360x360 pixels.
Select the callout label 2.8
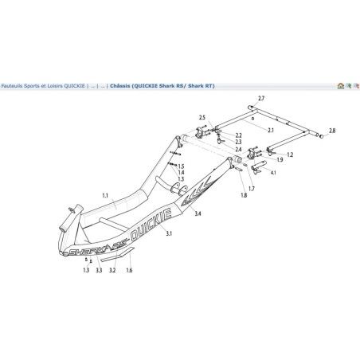[331, 130]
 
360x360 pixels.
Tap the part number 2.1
[271, 129]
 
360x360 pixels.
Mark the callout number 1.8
[243, 194]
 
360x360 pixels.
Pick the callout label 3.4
[197, 215]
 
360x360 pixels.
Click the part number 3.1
[168, 233]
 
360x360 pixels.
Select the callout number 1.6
[129, 271]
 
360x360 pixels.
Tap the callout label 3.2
[112, 271]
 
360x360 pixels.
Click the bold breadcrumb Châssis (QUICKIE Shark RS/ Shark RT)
[163, 84]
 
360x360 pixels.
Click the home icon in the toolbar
[341, 84]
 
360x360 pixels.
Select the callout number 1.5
[181, 166]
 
